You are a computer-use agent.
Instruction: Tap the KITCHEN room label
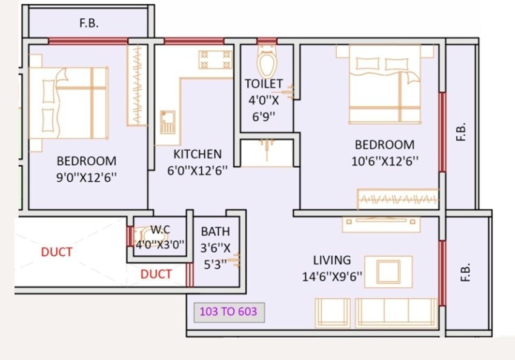198,154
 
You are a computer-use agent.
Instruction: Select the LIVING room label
331,260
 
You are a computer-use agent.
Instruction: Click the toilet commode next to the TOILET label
267,62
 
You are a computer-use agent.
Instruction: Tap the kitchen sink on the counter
167,122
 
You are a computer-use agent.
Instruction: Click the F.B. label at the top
88,24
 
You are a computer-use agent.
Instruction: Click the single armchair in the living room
332,312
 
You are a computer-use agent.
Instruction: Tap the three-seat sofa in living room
396,312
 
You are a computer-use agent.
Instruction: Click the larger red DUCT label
56,252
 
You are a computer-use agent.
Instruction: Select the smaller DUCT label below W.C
156,274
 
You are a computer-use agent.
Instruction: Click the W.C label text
160,230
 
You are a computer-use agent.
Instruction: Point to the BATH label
215,232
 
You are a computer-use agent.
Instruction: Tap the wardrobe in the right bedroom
397,199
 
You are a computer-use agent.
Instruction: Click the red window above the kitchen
185,42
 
